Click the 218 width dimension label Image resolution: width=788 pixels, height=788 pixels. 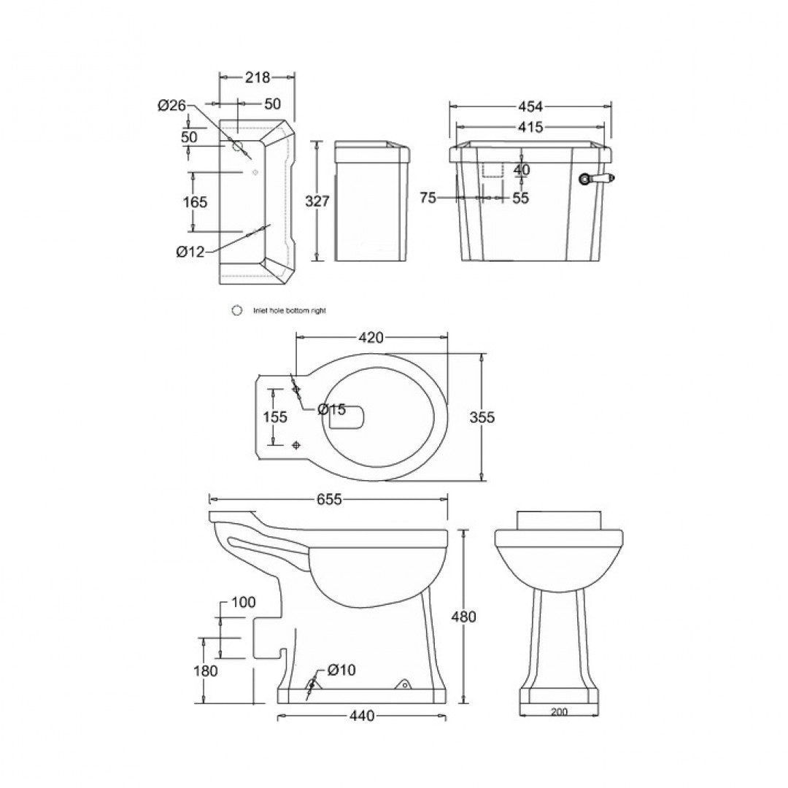click(258, 77)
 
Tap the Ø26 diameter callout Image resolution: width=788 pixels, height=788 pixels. click(172, 106)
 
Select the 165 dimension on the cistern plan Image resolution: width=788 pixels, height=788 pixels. click(195, 202)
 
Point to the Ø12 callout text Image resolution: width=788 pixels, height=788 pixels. click(190, 252)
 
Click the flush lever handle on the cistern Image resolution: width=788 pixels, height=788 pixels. click(598, 178)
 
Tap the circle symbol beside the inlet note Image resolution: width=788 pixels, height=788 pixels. click(236, 310)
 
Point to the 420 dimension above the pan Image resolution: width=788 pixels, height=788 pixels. click(371, 337)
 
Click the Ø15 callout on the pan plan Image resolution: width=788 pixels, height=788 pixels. click(331, 410)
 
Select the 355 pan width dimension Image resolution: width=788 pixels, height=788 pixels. click(482, 417)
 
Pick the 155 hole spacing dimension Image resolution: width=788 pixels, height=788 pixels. click(274, 417)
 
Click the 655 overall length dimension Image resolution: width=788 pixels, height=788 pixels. click(328, 499)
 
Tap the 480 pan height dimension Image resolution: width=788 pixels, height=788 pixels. click(463, 617)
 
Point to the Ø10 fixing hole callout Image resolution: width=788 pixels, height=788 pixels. click(341, 670)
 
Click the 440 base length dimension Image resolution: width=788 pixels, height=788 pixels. click(361, 716)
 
